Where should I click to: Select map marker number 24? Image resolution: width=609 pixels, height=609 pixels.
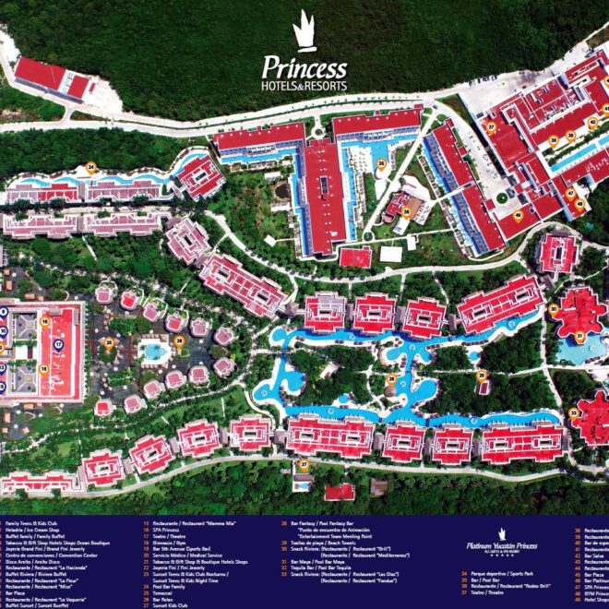tap(91, 169)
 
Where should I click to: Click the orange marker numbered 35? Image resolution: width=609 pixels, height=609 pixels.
tap(381, 164)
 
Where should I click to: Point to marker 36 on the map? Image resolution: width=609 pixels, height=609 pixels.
tap(407, 211)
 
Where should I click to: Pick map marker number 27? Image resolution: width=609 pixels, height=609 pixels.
tap(304, 464)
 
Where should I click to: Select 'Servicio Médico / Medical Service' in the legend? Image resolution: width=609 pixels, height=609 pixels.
tap(181, 555)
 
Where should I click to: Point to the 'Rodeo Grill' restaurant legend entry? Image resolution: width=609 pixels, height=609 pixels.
tap(518, 585)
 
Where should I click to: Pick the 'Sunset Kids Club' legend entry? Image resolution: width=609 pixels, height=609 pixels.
tap(167, 605)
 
